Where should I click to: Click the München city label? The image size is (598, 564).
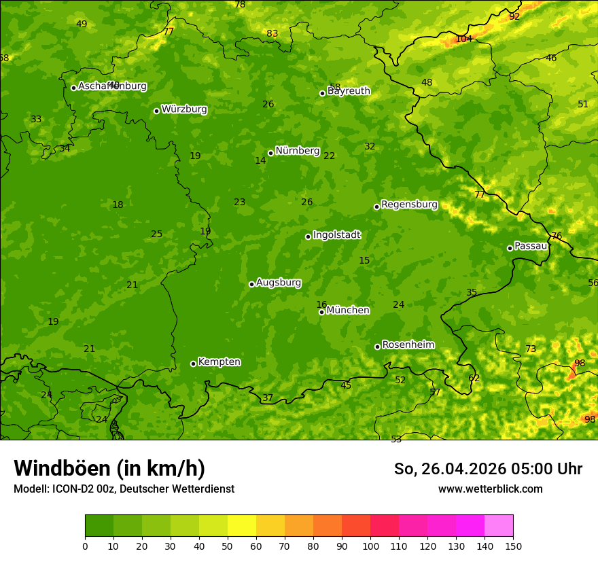tap(347, 311)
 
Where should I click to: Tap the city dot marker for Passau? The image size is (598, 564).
tap(510, 248)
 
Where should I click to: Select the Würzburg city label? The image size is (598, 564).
tap(184, 109)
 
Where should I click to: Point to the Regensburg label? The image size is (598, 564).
tap(409, 205)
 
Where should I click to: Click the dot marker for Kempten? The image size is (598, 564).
tap(193, 364)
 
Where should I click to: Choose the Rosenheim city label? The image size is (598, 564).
tap(408, 345)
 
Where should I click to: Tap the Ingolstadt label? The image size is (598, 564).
tap(336, 235)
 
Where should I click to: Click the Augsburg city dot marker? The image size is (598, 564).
tap(251, 284)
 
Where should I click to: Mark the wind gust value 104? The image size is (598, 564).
tap(463, 39)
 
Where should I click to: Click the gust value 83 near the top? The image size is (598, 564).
tap(272, 34)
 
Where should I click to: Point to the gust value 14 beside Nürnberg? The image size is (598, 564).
tap(260, 161)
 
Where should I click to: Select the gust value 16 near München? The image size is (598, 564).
tap(321, 305)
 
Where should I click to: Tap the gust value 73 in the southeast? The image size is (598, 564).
tap(531, 349)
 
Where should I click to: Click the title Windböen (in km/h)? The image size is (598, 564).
tap(109, 468)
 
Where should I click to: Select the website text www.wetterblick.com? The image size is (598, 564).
tap(490, 489)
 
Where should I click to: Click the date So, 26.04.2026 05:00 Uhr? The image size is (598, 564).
tap(488, 469)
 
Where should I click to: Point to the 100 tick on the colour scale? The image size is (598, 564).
tap(370, 546)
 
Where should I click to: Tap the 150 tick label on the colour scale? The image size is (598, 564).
tap(513, 546)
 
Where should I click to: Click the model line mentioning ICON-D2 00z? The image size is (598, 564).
tap(124, 489)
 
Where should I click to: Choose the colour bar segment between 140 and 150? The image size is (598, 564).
tap(499, 525)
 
